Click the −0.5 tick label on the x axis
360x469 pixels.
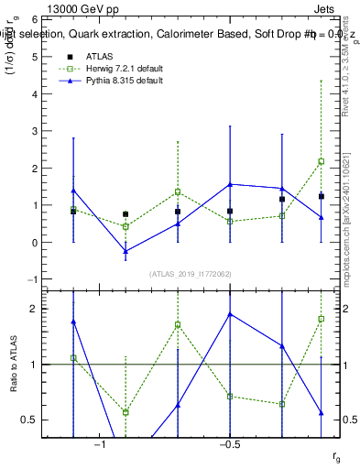(x=229, y=444)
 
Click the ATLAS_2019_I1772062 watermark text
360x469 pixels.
(x=191, y=273)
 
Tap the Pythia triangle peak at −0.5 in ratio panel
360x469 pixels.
(x=230, y=314)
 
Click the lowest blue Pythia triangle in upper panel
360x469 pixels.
(x=125, y=251)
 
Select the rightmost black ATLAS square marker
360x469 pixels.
(x=322, y=196)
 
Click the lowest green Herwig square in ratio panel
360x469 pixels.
(x=125, y=412)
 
